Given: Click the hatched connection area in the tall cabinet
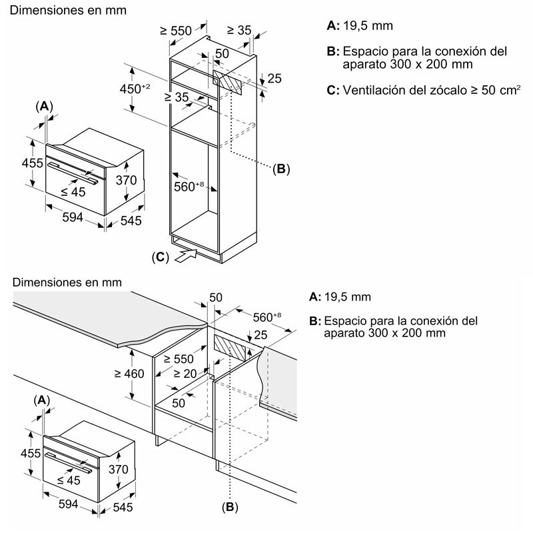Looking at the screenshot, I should (x=231, y=84).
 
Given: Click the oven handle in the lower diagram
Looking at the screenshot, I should (x=72, y=458).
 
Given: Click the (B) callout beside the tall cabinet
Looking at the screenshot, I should (x=281, y=169).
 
